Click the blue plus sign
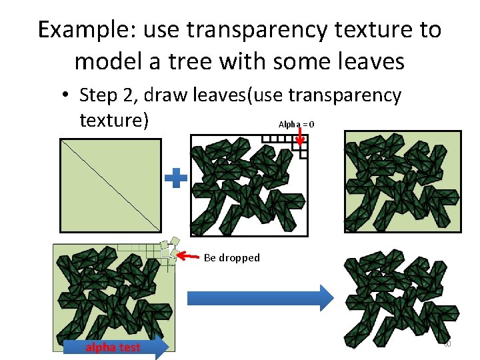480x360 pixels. (176, 178)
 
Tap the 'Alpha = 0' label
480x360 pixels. (296, 125)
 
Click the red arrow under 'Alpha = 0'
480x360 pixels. (300, 137)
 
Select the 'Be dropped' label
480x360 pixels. (231, 257)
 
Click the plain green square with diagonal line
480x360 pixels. (110, 185)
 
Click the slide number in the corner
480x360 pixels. (447, 343)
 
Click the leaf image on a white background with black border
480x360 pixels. (249, 185)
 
